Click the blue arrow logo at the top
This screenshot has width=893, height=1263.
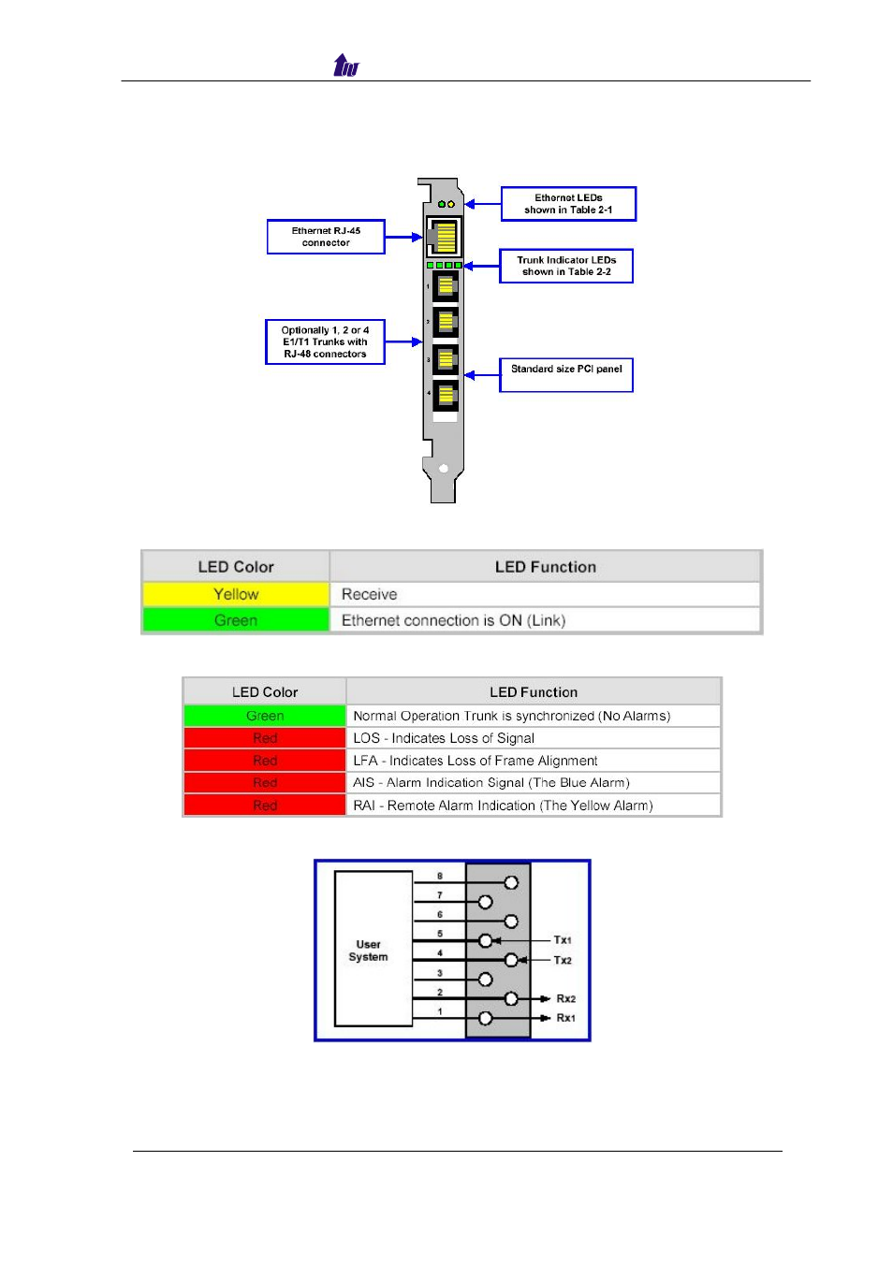tap(345, 65)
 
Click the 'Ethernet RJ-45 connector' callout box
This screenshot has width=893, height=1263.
tap(326, 237)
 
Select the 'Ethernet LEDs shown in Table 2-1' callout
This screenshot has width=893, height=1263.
tap(568, 204)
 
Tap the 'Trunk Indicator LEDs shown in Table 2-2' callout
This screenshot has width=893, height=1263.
tap(566, 266)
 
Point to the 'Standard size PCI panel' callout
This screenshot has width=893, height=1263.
tap(566, 374)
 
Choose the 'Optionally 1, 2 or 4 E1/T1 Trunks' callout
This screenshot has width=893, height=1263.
tap(325, 341)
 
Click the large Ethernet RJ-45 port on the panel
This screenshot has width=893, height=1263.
tap(444, 237)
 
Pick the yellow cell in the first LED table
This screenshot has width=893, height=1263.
tap(236, 594)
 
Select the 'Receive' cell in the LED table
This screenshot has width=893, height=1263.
tap(545, 594)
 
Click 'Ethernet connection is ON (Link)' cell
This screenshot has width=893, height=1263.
tap(545, 620)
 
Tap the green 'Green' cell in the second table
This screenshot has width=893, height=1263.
tap(265, 716)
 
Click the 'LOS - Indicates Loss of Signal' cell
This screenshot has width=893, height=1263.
tap(534, 738)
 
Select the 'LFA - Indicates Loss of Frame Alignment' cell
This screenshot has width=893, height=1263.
tap(534, 761)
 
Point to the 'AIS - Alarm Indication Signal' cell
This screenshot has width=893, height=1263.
tap(534, 783)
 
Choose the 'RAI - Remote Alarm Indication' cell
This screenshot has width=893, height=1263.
tap(534, 806)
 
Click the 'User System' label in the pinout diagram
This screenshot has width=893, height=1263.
tap(368, 951)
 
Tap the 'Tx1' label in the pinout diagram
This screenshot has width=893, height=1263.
tap(563, 940)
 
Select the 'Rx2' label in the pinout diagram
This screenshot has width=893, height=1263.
tap(565, 999)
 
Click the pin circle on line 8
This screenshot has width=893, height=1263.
tap(511, 882)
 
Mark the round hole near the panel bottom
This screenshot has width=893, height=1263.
tap(444, 469)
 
